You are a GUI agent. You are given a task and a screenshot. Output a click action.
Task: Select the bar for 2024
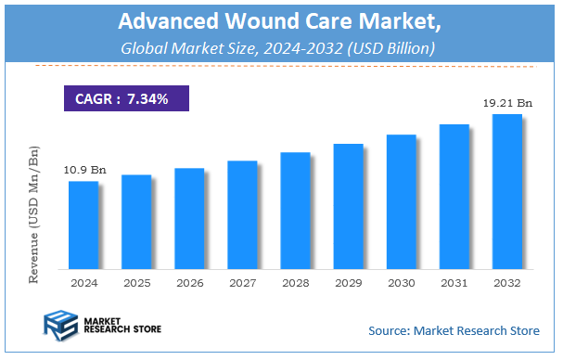click(x=83, y=224)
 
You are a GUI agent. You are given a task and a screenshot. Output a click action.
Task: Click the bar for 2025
click(x=136, y=221)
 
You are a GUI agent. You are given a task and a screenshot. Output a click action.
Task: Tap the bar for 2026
click(x=189, y=217)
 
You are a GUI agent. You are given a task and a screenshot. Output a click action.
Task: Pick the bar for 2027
click(x=242, y=213)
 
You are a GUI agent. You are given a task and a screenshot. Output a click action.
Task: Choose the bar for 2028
click(x=295, y=210)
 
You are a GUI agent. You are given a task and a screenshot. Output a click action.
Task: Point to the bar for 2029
click(x=348, y=205)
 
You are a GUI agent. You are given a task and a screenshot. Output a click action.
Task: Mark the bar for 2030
click(x=401, y=200)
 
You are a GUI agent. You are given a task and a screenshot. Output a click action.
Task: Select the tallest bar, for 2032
click(x=506, y=190)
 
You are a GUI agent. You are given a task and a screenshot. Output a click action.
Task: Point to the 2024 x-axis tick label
click(x=83, y=281)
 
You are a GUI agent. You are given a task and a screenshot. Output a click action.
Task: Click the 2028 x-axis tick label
click(x=295, y=281)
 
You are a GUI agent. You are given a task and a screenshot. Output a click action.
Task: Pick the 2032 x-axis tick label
click(x=506, y=281)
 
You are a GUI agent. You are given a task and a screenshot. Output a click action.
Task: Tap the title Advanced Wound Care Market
click(x=281, y=20)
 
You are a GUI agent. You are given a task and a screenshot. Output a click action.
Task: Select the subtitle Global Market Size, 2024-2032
click(x=281, y=47)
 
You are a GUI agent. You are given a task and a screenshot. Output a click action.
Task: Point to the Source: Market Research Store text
click(x=453, y=330)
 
